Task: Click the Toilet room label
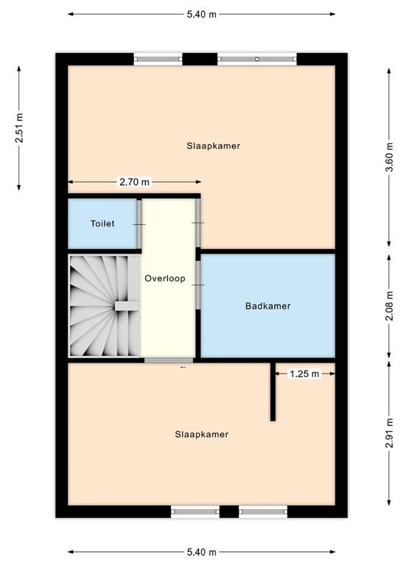click(102, 223)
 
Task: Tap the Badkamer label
click(268, 306)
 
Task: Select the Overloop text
click(165, 279)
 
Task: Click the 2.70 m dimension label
click(134, 182)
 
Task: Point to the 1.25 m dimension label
click(304, 374)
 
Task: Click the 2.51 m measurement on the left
click(19, 127)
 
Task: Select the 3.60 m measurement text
click(389, 157)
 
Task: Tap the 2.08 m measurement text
click(389, 306)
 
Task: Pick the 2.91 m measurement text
click(389, 433)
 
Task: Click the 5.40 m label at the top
click(201, 15)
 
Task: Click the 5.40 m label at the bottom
click(201, 552)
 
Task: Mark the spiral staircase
click(105, 306)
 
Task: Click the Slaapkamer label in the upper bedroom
click(214, 146)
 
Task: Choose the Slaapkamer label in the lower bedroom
click(201, 434)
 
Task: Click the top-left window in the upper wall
click(158, 59)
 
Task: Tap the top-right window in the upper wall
click(257, 59)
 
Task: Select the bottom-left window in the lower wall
click(195, 511)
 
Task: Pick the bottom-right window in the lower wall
click(263, 511)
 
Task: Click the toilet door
click(139, 224)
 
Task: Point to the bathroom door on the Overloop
click(197, 284)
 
